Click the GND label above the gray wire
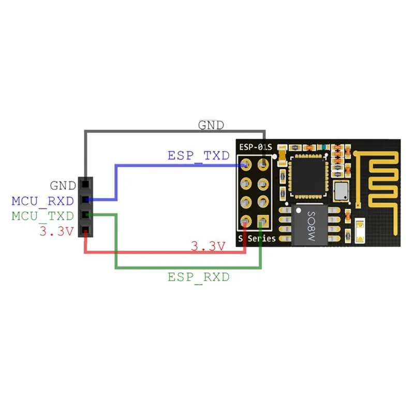tap(212, 125)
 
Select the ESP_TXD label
tap(198, 155)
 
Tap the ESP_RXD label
tap(198, 277)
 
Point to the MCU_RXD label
tap(42, 200)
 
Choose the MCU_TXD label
tap(42, 215)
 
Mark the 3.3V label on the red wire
tap(208, 246)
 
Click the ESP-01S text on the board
tap(255, 148)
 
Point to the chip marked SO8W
tap(312, 225)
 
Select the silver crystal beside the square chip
tap(341, 191)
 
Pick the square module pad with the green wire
tap(263, 221)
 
